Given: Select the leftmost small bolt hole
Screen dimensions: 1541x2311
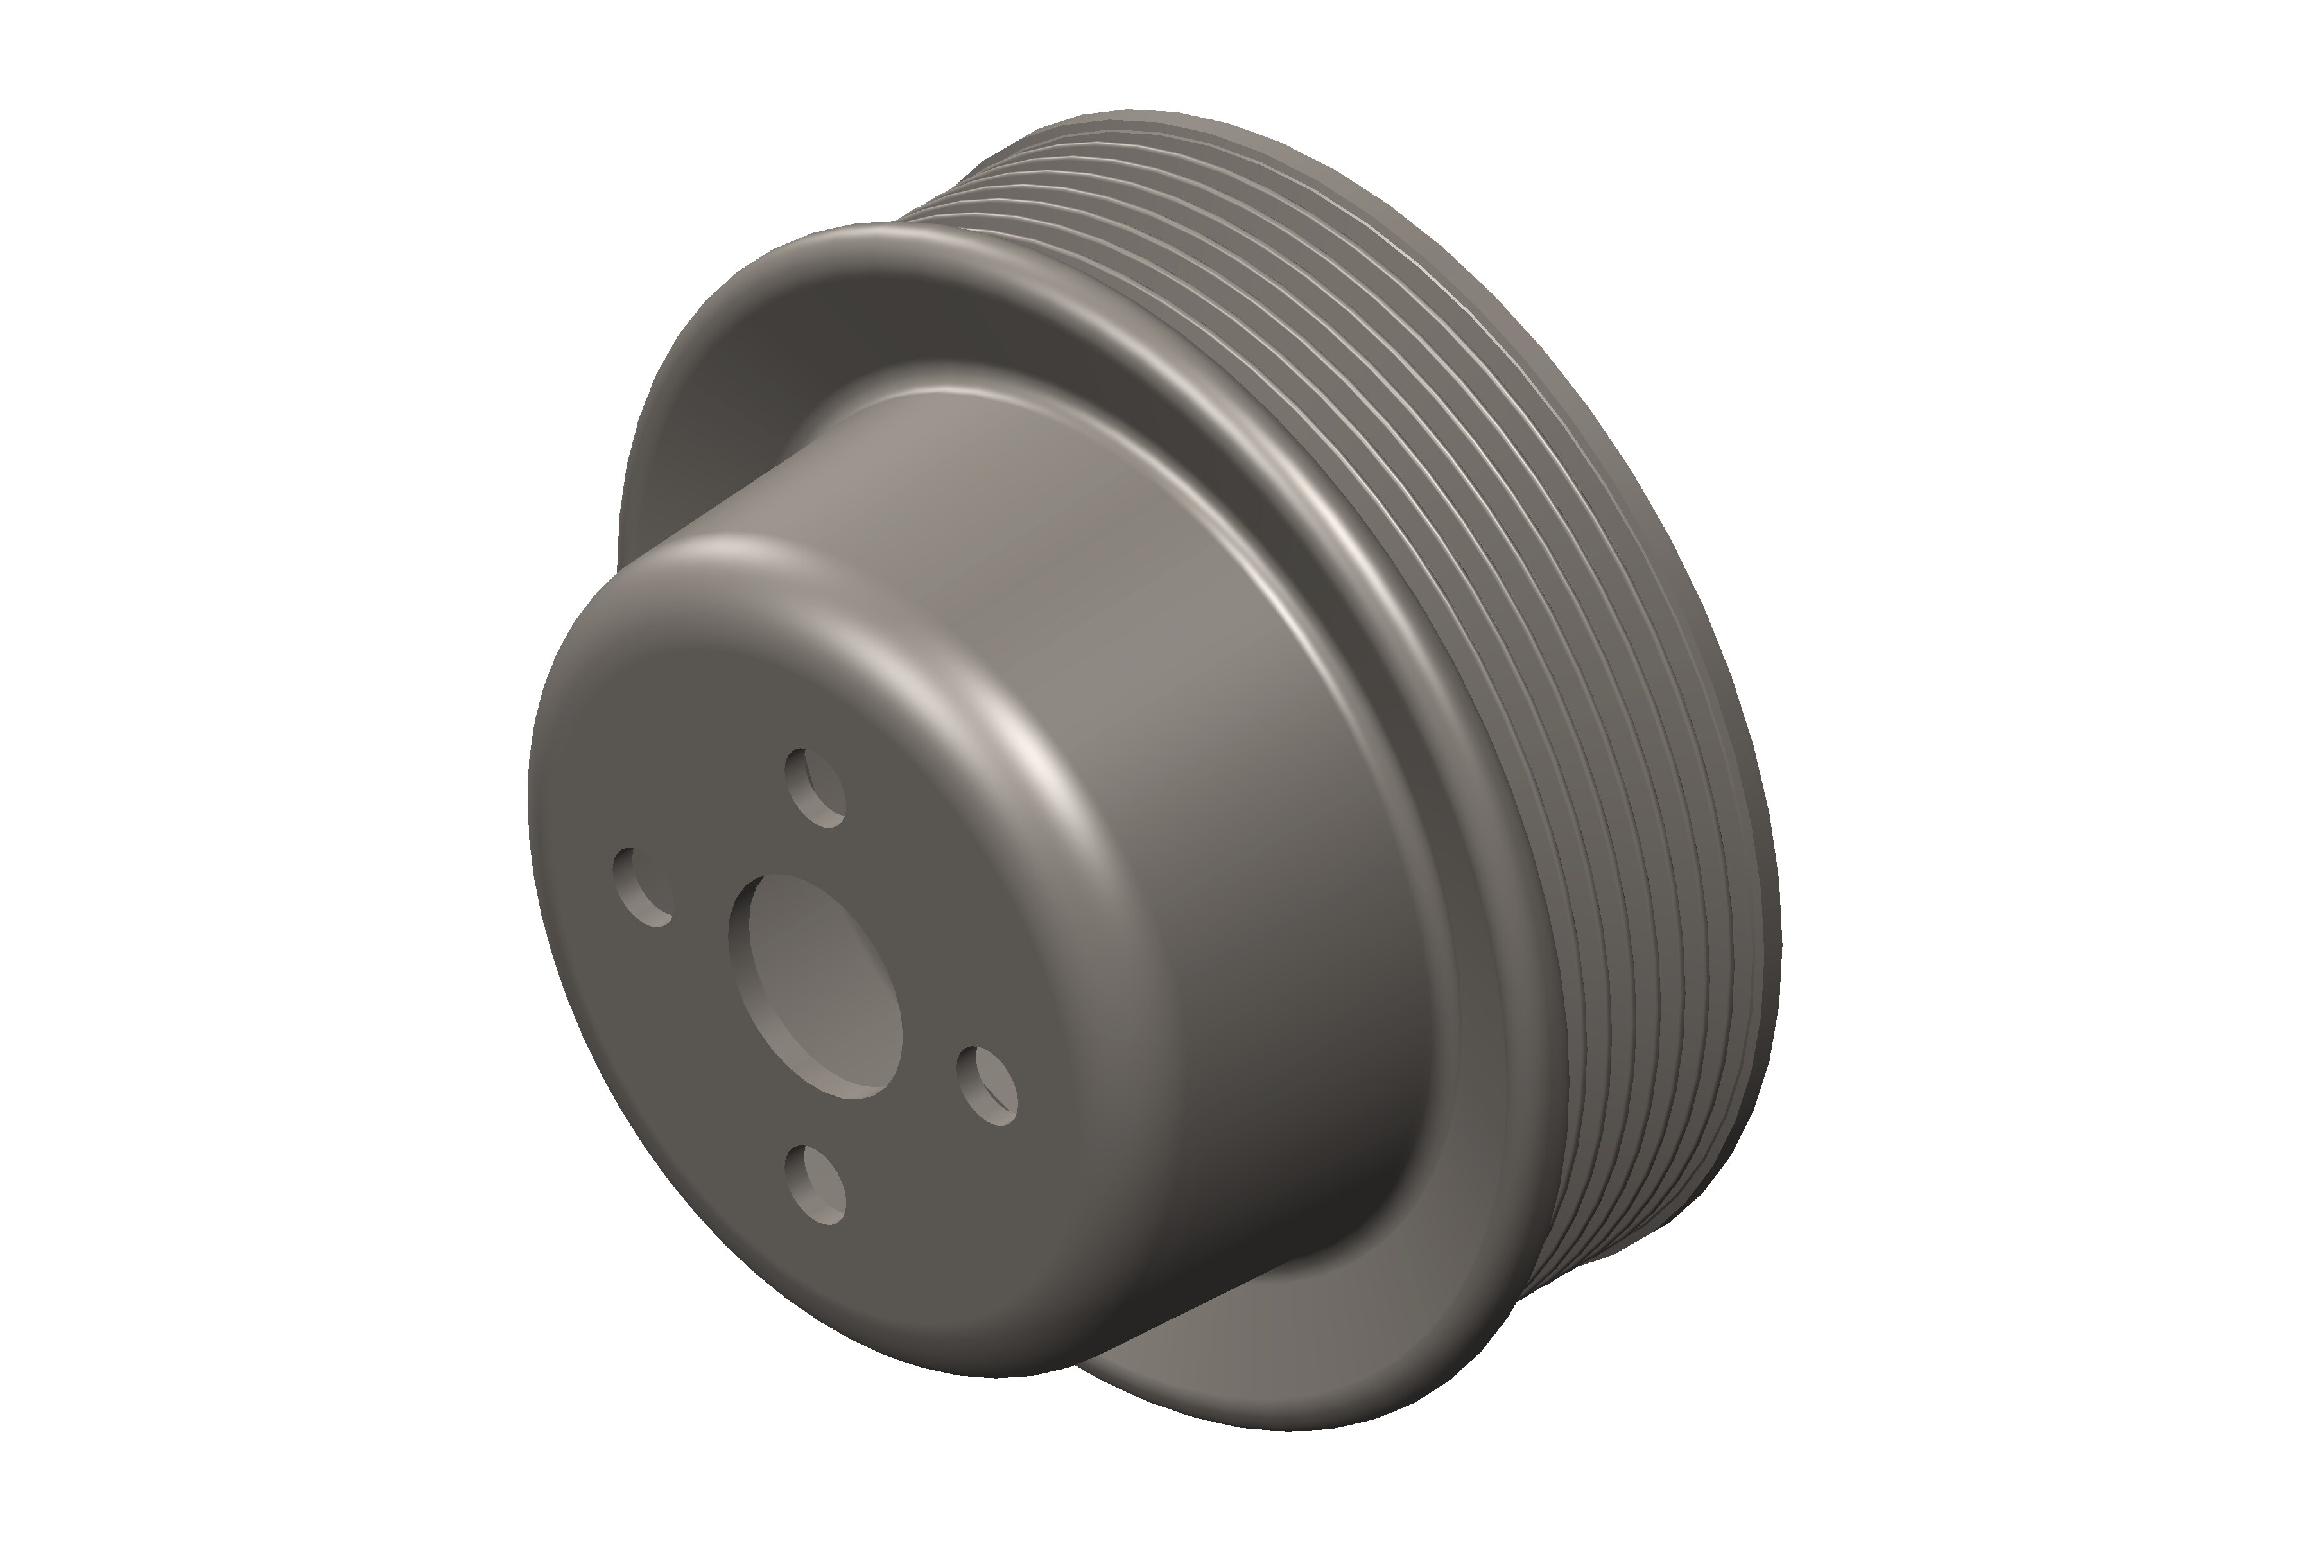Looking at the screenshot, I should tap(641, 887).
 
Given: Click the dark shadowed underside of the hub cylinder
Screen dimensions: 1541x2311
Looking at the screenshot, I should tap(1326, 1180).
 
